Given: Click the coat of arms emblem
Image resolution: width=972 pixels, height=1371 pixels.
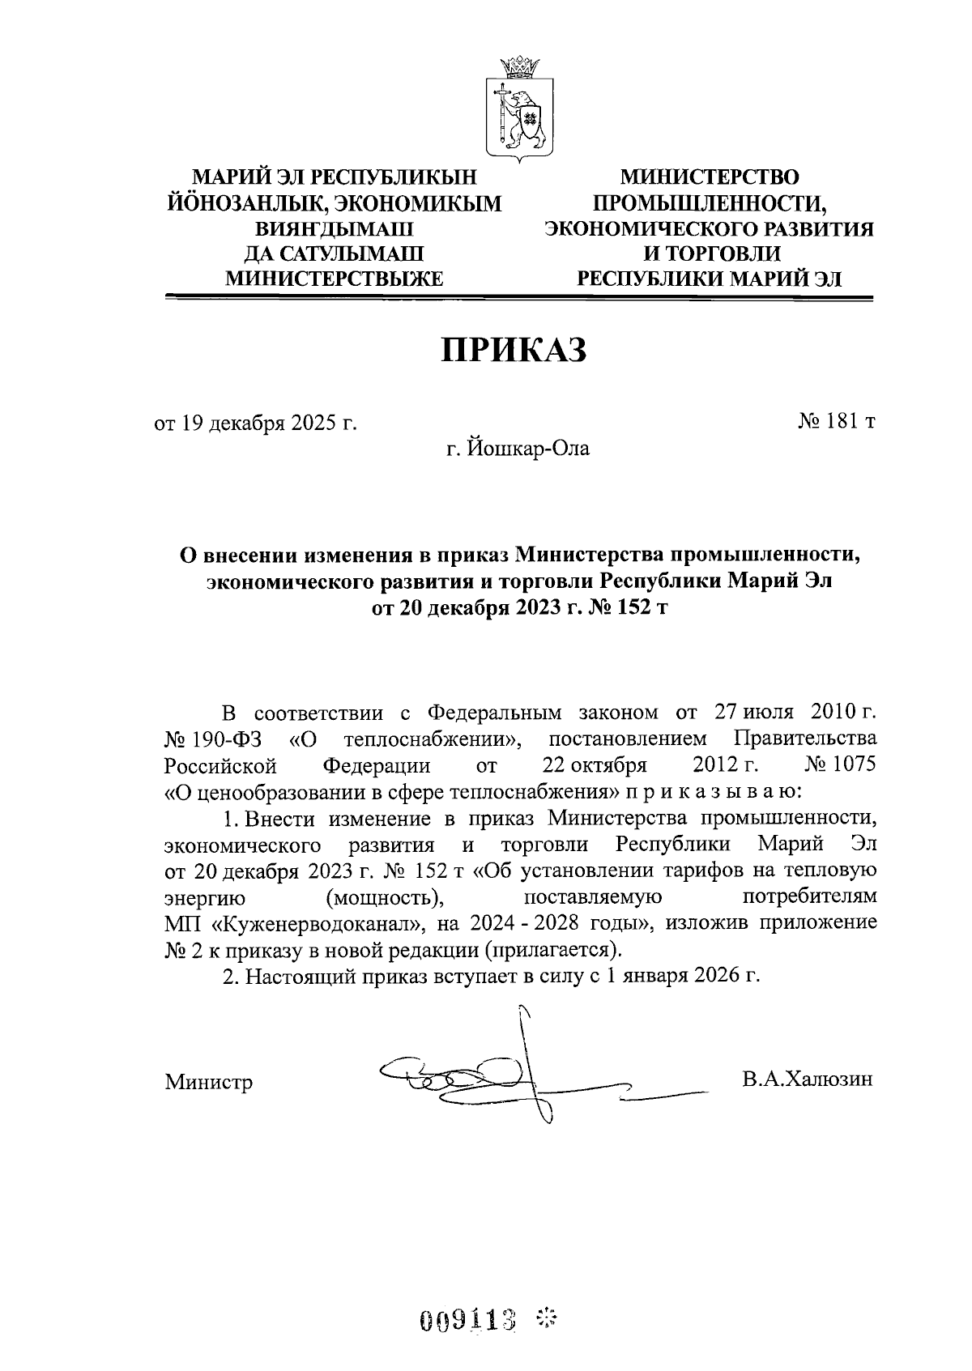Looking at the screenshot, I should [x=518, y=106].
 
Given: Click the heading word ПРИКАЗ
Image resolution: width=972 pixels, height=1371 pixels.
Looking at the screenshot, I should [x=512, y=351].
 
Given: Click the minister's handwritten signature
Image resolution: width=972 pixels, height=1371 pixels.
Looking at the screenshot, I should [x=518, y=1080].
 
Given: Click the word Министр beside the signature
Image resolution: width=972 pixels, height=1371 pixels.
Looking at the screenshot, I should [x=208, y=1082].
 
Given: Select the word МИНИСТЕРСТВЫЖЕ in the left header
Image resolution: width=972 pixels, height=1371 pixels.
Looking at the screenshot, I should [x=334, y=279].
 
